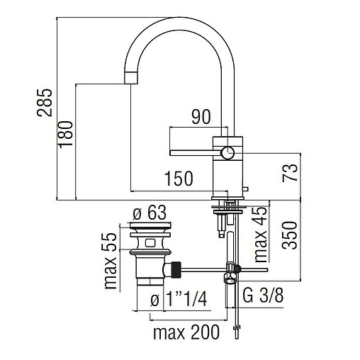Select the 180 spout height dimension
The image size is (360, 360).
point(67,135)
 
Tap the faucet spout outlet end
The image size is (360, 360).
point(131,76)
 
